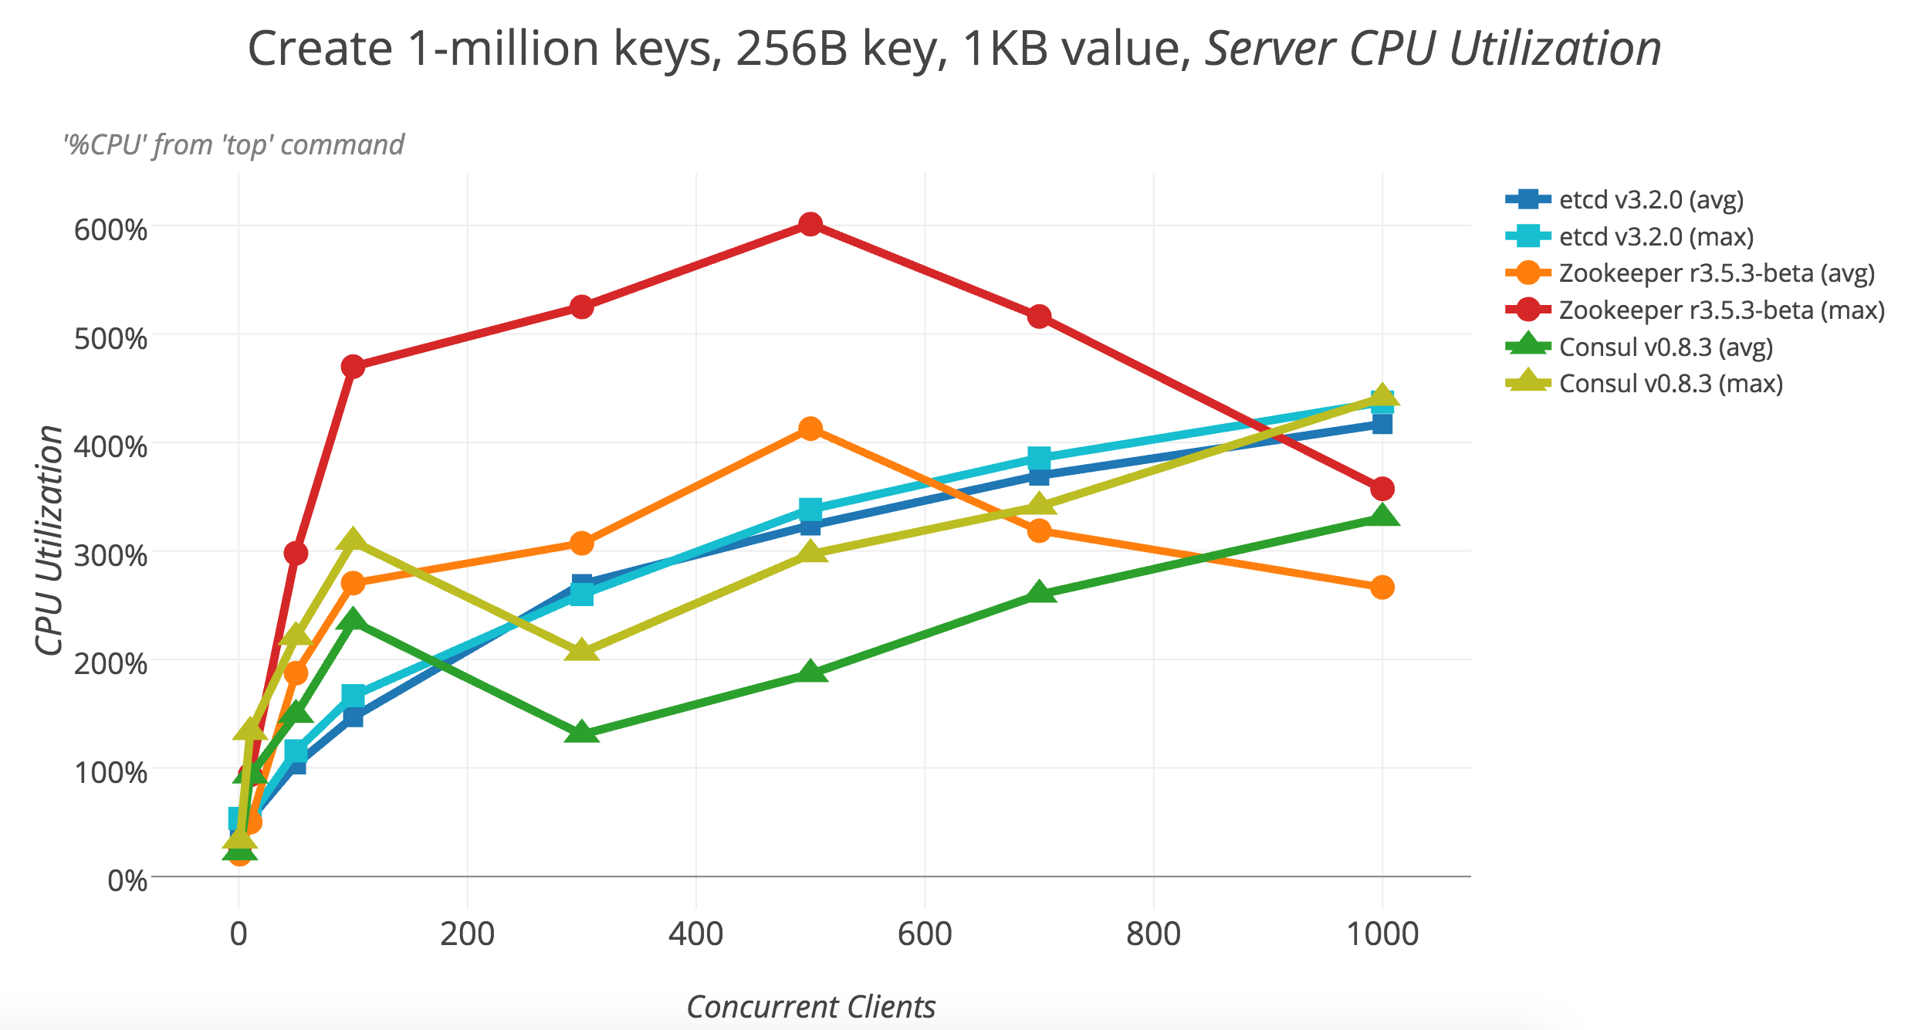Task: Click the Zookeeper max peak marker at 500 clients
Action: tap(810, 225)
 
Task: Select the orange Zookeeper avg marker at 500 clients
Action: tap(810, 429)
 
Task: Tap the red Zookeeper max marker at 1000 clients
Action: tap(1382, 489)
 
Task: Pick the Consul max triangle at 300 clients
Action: tap(581, 651)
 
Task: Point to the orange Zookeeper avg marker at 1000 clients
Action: tap(1382, 587)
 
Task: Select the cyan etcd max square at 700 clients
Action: tap(1039, 458)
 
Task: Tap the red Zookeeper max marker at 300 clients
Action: tap(581, 307)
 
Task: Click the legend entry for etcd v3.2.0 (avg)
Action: tap(1650, 200)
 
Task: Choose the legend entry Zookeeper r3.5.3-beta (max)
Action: tap(1721, 310)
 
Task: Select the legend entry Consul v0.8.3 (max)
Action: tap(1670, 384)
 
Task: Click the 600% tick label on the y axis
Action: tap(110, 229)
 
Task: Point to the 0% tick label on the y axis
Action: tap(127, 880)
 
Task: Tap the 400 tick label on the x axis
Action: tap(695, 934)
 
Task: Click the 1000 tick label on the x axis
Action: tap(1382, 934)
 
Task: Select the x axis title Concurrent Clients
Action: tap(810, 1007)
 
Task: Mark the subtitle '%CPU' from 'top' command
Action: tap(234, 145)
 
